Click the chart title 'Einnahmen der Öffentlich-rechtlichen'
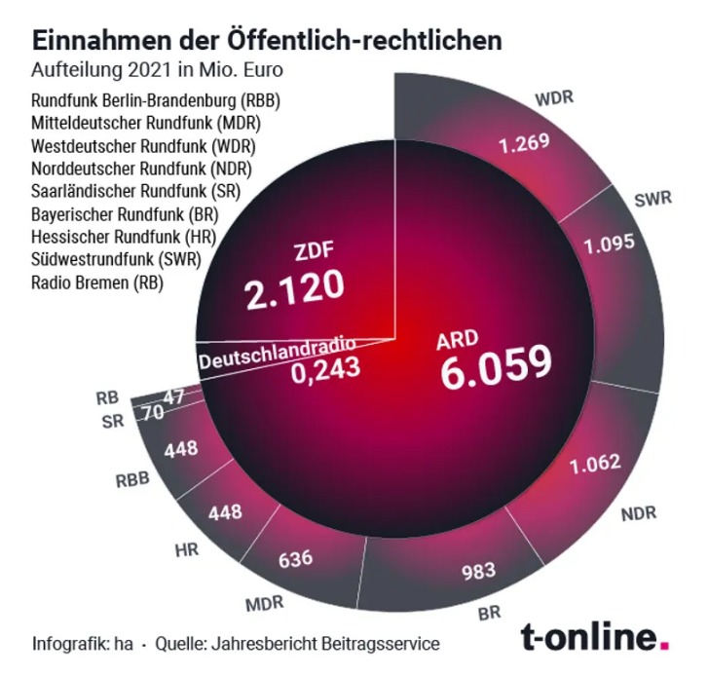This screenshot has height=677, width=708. (268, 41)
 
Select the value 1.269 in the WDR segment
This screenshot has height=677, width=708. (524, 144)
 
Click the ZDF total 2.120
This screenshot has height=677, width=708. (293, 285)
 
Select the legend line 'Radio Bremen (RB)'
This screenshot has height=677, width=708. (97, 283)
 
